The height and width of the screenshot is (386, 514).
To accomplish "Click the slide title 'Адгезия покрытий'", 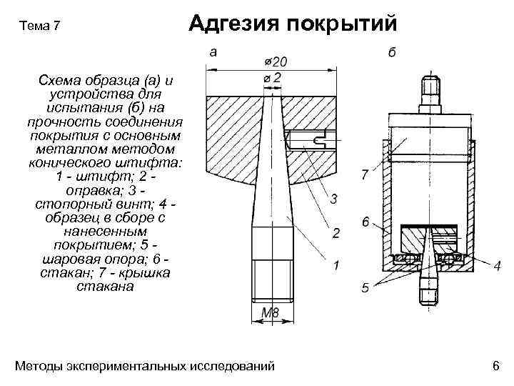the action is coord(292,24).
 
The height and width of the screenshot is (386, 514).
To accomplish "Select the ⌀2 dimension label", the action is coord(272,76).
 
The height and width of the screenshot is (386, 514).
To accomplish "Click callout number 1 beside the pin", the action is coord(336,266).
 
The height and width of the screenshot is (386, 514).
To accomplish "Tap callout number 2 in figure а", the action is coord(336,233).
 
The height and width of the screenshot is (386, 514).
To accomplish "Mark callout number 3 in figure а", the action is coord(333,197).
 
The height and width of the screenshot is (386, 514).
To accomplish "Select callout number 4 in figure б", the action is coord(496,266).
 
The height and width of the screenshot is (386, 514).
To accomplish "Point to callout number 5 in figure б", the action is coord(365,289).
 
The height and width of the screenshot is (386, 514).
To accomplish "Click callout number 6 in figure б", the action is coord(366,222).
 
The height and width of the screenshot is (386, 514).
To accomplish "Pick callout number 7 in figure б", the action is coord(366,174).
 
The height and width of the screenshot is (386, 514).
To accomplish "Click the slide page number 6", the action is coord(495,367).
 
